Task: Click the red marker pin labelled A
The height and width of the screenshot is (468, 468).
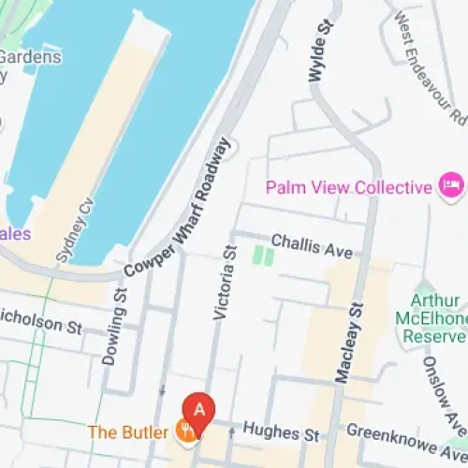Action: [x=197, y=409]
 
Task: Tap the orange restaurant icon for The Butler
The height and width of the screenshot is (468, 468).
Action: [x=186, y=431]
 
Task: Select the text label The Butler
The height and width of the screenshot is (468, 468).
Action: [x=129, y=432]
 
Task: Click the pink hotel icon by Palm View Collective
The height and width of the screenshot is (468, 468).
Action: [x=451, y=185]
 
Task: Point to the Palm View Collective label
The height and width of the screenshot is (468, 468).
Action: [x=348, y=186]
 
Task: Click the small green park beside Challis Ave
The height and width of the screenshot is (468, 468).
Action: [x=263, y=255]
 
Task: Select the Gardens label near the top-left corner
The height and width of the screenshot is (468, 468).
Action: [x=30, y=56]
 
